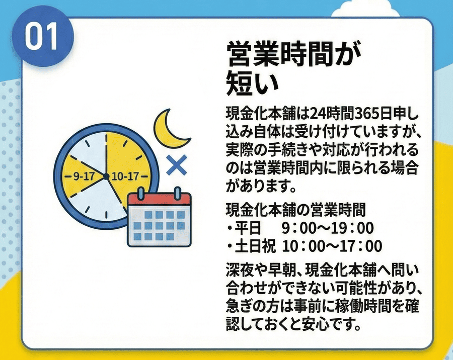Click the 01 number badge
point(42,37)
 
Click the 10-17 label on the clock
point(125,176)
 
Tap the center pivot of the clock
point(106,175)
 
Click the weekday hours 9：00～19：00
point(328,229)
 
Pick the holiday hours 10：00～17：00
point(332,246)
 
